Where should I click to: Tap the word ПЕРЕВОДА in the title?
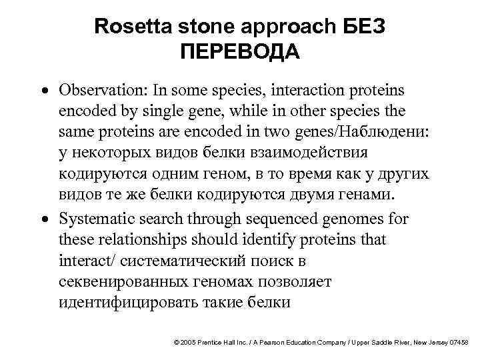click(x=240, y=51)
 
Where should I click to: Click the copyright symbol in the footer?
click(x=175, y=342)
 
